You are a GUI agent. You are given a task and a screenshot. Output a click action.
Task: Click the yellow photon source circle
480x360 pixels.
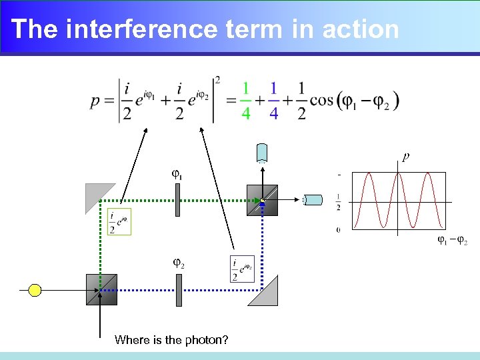coord(35,290)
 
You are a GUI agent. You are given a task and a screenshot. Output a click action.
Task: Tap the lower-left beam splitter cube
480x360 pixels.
coord(101,289)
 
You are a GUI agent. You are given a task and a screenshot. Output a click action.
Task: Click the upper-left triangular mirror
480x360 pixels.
coord(97,195)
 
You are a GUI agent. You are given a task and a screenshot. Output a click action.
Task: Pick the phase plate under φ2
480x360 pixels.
coord(179,290)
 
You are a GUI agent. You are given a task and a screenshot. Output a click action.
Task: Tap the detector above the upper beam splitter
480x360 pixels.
coord(262,153)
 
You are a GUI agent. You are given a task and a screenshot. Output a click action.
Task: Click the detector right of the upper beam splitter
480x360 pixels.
coord(311,199)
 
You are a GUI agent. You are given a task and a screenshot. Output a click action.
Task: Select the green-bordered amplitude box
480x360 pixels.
coord(119,222)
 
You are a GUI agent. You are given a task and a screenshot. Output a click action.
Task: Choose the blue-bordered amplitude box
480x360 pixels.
coord(242,269)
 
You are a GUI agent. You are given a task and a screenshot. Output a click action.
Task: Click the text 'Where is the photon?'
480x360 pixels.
coord(171,340)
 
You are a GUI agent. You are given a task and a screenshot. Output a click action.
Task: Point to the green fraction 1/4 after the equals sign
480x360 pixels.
coord(246,101)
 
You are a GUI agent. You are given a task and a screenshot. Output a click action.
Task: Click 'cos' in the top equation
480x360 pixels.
coord(323,101)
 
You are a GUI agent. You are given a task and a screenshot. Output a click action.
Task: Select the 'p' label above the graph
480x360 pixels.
coord(405,157)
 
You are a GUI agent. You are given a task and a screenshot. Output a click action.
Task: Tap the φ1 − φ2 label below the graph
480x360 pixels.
coord(452,240)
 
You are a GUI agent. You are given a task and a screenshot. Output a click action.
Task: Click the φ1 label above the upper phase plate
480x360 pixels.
coord(177,175)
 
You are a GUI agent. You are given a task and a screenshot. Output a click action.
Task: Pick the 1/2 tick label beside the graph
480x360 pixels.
coord(339,201)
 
